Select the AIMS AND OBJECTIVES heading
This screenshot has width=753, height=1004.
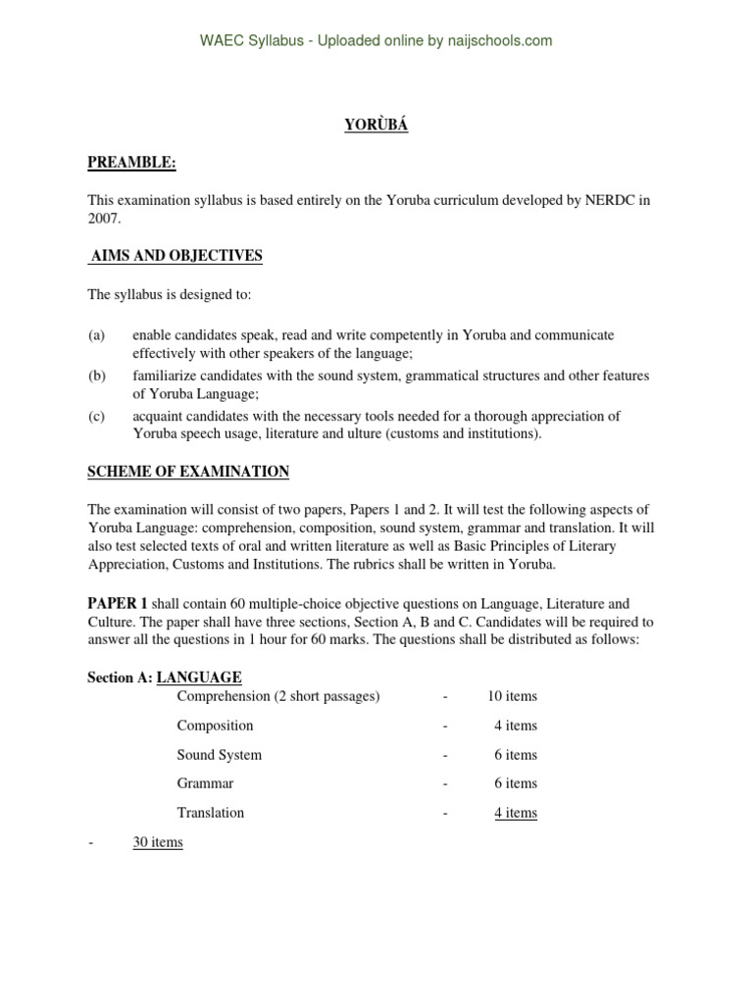tap(176, 256)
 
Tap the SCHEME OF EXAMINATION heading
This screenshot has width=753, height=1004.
tap(188, 472)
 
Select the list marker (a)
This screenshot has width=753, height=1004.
tap(96, 335)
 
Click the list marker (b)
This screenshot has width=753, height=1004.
tap(96, 376)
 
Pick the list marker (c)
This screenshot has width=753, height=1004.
tap(96, 416)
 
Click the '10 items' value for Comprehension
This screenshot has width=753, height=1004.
tap(512, 696)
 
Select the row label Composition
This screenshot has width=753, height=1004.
tap(215, 726)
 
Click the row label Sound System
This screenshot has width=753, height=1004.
tap(219, 755)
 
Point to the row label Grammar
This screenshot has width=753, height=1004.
tap(205, 783)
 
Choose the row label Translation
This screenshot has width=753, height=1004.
tap(211, 813)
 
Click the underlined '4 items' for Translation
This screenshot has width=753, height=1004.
tap(516, 813)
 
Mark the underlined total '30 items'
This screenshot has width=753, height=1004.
tap(158, 842)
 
